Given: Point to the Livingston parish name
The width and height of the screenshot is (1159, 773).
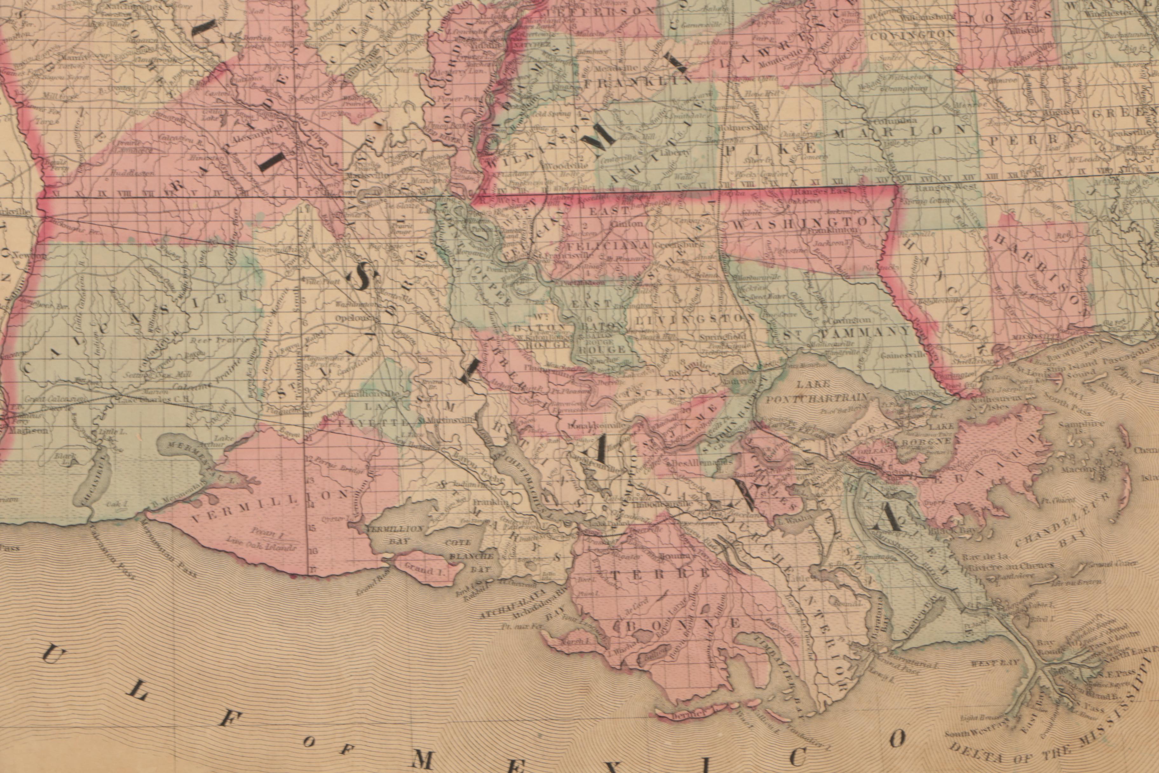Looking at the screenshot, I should coord(695,319).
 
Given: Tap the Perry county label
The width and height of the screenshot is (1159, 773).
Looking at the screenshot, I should coord(1035,140).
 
